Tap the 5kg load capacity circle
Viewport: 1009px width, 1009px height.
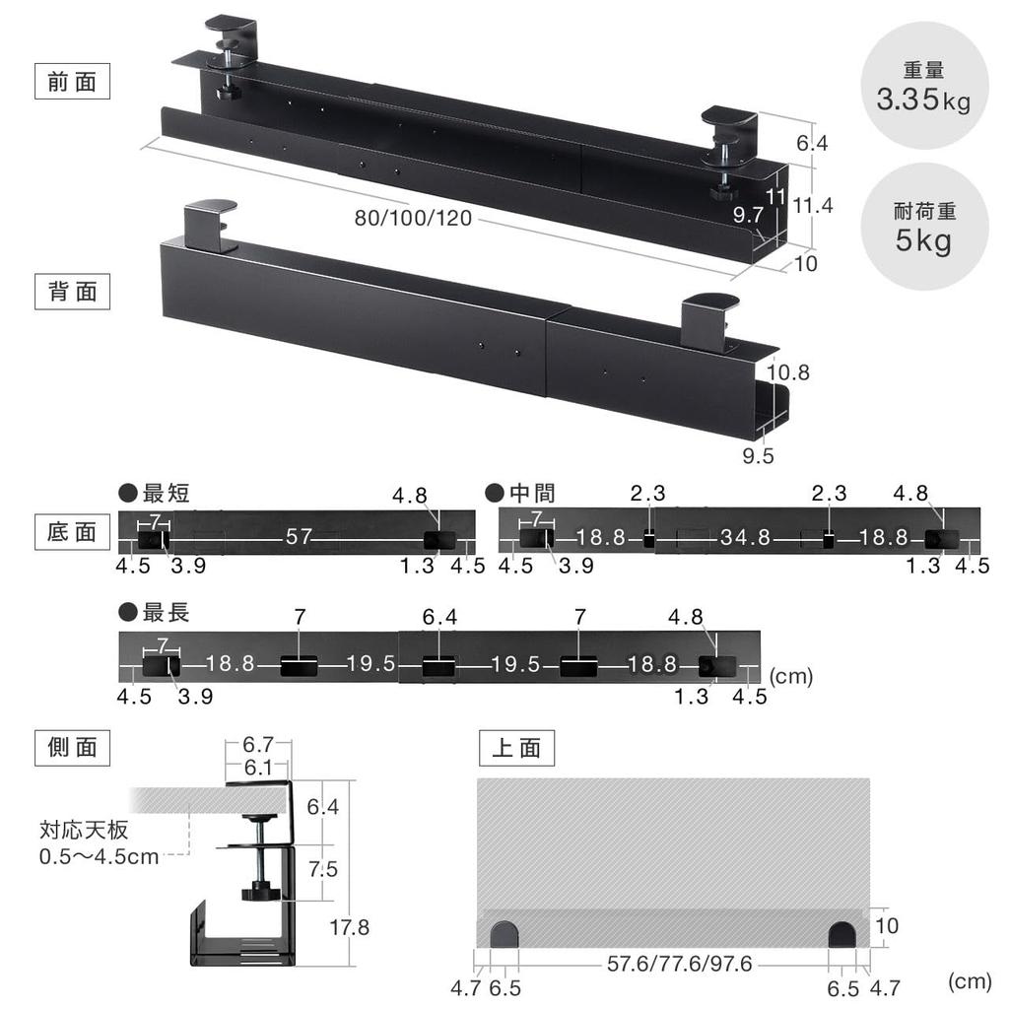[923, 229]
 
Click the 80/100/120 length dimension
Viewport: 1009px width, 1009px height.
[413, 219]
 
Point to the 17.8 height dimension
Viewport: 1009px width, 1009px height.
[351, 927]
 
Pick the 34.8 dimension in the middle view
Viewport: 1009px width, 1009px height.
[745, 537]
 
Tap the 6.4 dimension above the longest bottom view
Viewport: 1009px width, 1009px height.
[438, 618]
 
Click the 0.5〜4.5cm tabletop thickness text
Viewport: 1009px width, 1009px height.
[99, 856]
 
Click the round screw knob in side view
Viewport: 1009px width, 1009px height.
[261, 893]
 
